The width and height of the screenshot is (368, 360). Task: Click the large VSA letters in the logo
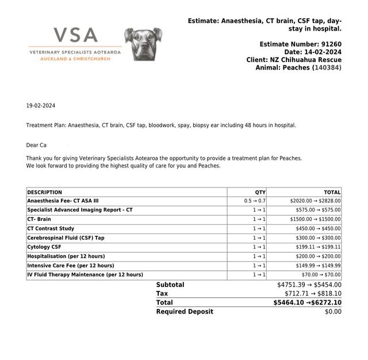(75, 36)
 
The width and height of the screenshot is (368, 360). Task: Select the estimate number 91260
(331, 44)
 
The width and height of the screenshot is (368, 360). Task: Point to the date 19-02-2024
(40, 106)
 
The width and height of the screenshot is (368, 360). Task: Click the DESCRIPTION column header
(44, 192)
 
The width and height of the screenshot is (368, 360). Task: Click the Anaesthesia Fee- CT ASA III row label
(63, 201)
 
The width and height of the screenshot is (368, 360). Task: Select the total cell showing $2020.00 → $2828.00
(315, 201)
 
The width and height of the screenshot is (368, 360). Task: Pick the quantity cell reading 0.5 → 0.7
(255, 201)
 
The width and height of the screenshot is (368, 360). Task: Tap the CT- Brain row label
(39, 220)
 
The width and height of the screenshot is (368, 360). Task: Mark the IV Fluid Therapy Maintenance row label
(85, 275)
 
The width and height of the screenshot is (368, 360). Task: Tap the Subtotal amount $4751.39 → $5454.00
(309, 285)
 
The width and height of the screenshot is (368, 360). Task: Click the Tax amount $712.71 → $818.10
(313, 293)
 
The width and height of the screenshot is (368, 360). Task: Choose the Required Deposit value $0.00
(333, 312)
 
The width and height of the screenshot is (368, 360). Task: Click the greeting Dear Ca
(36, 145)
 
